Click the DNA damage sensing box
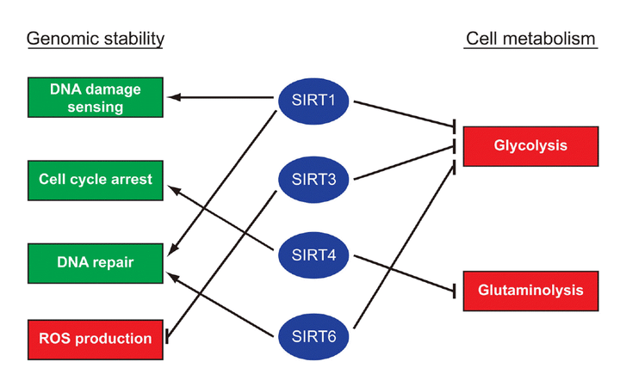point(96,97)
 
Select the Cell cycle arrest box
point(96,179)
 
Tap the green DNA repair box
point(96,261)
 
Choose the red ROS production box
point(96,337)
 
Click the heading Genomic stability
point(95,39)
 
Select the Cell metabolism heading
point(531,39)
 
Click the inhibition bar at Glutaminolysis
point(454,291)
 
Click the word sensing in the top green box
point(96,107)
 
